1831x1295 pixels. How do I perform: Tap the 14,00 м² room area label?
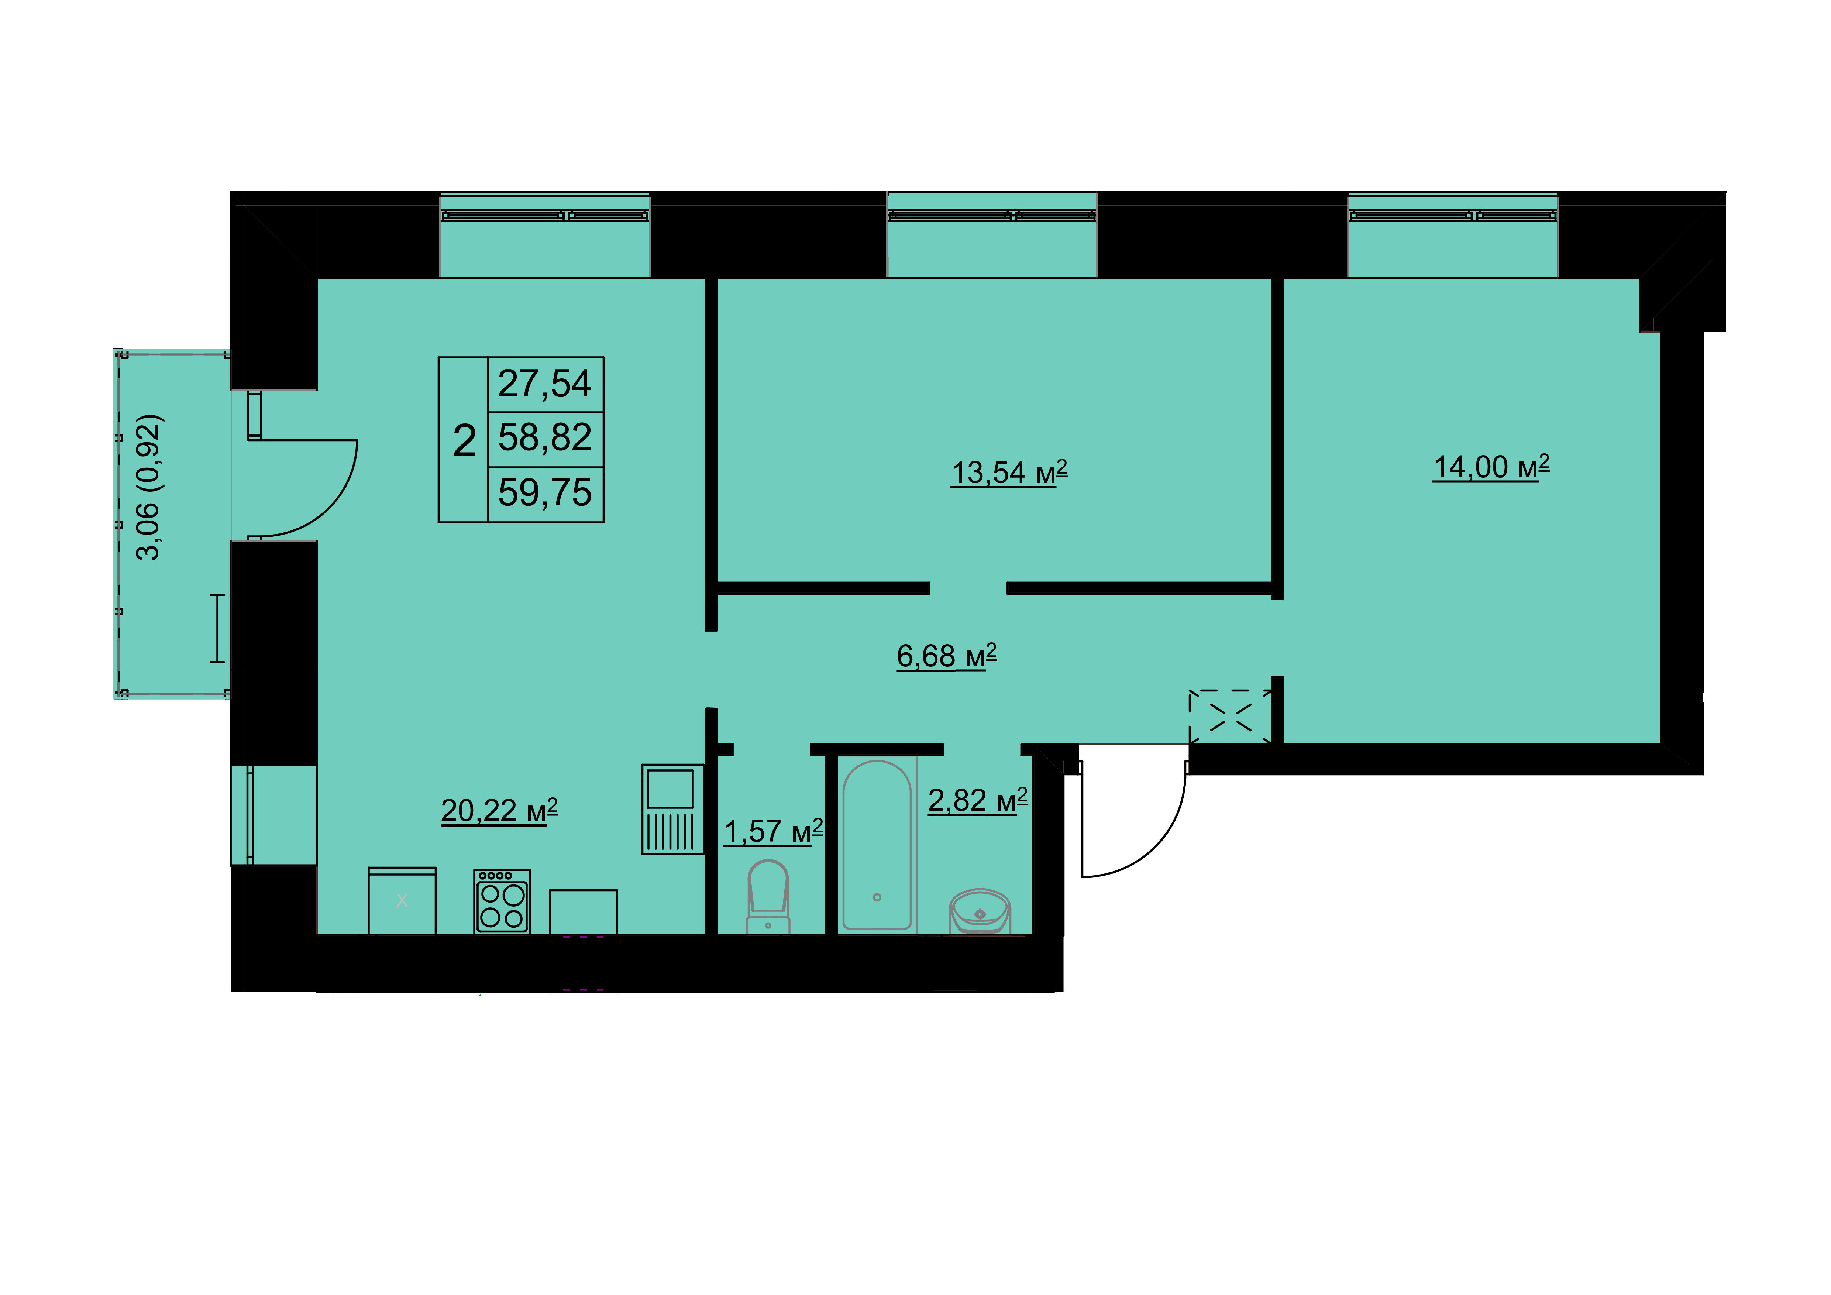click(1491, 467)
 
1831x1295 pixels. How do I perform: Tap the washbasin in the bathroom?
click(979, 911)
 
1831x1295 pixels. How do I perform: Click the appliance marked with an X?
click(402, 900)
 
